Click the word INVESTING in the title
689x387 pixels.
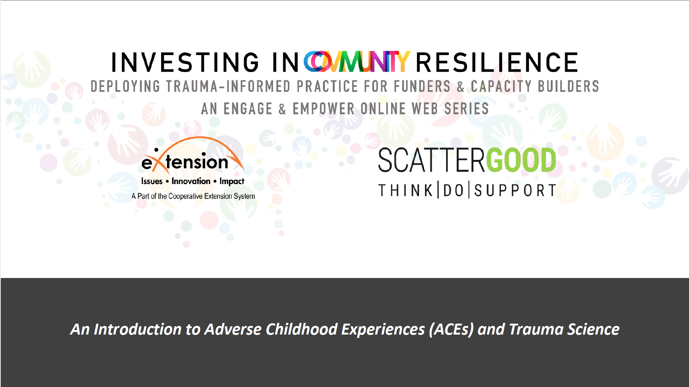point(185,62)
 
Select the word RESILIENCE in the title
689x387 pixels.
point(497,62)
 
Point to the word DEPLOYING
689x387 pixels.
point(125,86)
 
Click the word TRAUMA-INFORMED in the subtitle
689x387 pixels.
point(228,86)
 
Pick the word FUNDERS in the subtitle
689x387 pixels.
point(422,86)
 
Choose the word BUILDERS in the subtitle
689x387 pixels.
point(569,86)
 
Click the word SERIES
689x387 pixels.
point(467,109)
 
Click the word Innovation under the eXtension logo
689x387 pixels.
point(191,181)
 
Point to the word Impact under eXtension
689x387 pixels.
point(232,181)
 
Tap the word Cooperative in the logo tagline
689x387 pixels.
point(185,196)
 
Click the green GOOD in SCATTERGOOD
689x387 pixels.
point(521,160)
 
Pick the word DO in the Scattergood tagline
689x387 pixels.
point(453,190)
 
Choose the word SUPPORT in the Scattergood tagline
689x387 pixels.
point(515,190)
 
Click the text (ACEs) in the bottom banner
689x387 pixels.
point(451,329)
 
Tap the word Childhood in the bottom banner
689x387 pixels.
point(301,329)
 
